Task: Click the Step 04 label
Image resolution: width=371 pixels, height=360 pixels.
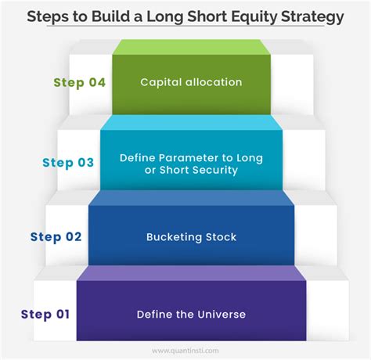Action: (80, 83)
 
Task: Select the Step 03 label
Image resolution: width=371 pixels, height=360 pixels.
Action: (68, 163)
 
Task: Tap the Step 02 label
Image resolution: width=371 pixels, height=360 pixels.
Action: (56, 237)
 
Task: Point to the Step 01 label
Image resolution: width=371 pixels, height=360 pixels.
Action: (45, 315)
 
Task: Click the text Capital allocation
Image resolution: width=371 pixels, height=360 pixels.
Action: (191, 82)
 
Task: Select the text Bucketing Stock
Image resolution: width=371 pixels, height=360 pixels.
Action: (191, 237)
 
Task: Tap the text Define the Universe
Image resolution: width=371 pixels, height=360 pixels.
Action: (191, 315)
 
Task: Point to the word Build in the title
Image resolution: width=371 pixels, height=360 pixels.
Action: (110, 16)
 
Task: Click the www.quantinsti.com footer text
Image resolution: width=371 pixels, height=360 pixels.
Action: (185, 351)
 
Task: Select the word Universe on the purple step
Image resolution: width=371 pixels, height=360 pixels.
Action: (222, 315)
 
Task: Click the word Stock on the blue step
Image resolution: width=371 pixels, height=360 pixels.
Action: (221, 237)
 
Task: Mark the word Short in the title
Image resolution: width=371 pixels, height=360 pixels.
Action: (207, 16)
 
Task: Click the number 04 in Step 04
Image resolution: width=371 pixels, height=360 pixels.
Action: (97, 82)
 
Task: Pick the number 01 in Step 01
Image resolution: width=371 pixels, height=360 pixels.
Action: (63, 314)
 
